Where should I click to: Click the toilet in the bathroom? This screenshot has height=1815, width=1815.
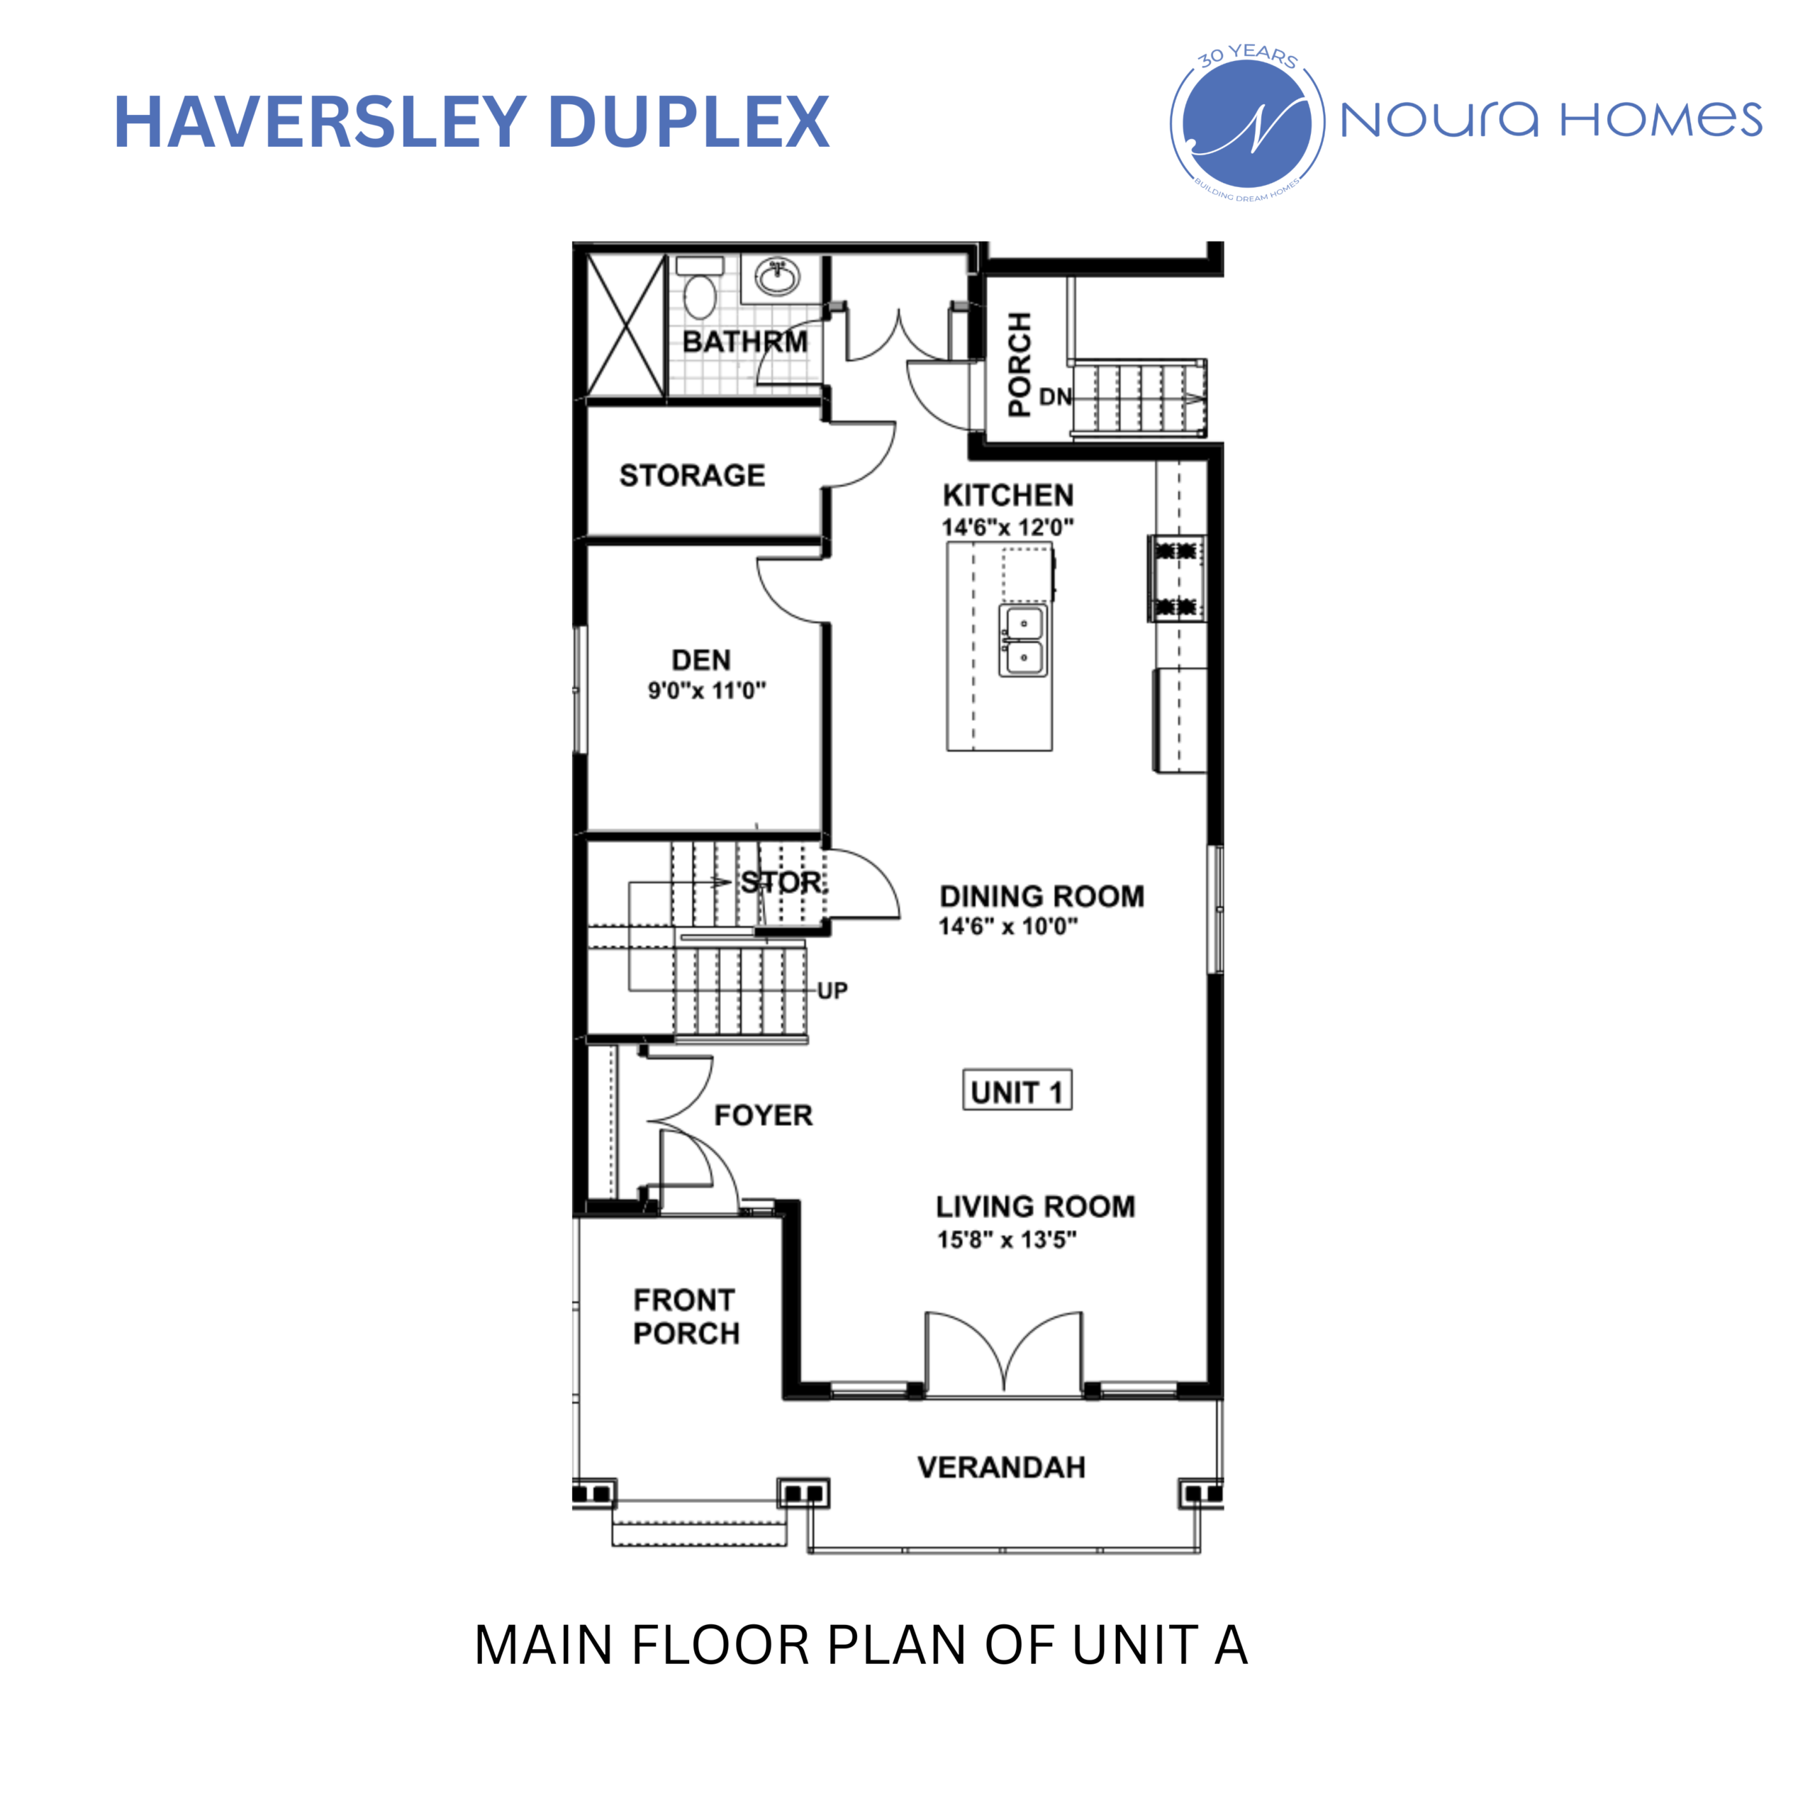(x=700, y=289)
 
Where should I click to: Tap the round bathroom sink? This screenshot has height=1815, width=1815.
(x=778, y=277)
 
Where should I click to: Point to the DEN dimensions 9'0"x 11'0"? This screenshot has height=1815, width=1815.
(x=706, y=691)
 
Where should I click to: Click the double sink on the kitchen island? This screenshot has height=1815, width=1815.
(x=1023, y=641)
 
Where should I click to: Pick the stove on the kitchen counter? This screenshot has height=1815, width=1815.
(x=1176, y=579)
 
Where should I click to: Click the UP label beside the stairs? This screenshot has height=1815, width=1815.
(x=832, y=990)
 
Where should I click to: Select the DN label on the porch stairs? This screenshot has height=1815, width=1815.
(x=1055, y=397)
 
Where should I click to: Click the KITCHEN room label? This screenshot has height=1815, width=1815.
(x=1008, y=495)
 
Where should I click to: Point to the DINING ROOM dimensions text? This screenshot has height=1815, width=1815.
(x=1008, y=927)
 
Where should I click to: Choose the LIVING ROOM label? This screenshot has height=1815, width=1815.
(x=1035, y=1206)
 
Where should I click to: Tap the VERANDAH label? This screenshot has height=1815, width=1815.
(x=1002, y=1468)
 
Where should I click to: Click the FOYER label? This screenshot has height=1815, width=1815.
(x=763, y=1115)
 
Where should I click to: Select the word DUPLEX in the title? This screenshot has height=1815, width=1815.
(x=688, y=122)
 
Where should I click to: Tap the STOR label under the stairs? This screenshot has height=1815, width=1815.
(x=781, y=882)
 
